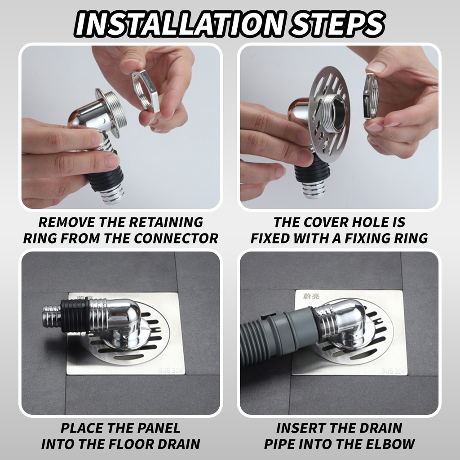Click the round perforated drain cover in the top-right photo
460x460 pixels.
click(329, 115)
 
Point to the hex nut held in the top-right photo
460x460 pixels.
click(371, 97)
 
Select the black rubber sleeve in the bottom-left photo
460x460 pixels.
click(75, 316)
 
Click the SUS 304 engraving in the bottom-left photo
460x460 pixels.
click(170, 370)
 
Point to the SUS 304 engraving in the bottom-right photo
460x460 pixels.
click(394, 371)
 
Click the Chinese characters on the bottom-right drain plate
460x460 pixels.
click(311, 296)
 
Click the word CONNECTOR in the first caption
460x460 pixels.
click(176, 238)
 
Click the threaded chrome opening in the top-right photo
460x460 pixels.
click(336, 113)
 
